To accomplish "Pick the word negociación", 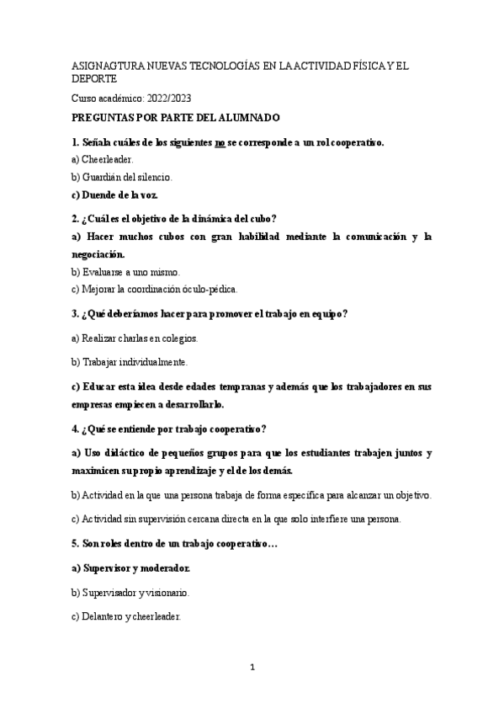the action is (x=98, y=253).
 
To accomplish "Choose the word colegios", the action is (x=178, y=338).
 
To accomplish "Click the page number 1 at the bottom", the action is (x=252, y=668).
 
